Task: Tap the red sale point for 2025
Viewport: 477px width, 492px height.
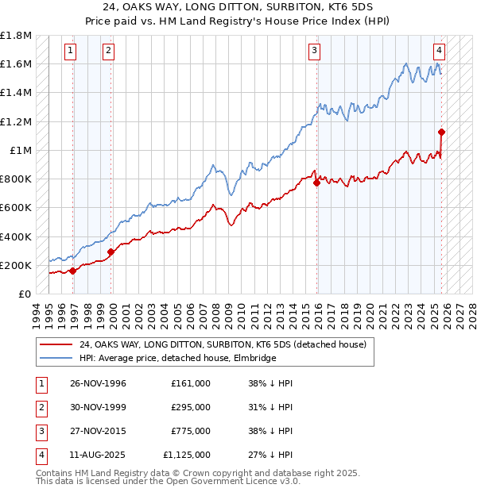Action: pyautogui.click(x=441, y=133)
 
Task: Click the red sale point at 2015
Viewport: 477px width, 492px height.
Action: pyautogui.click(x=317, y=183)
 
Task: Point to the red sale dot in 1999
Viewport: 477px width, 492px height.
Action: pyautogui.click(x=111, y=252)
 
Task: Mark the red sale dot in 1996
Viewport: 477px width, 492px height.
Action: pyautogui.click(x=73, y=271)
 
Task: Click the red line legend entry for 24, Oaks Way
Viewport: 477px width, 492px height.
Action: pyautogui.click(x=223, y=344)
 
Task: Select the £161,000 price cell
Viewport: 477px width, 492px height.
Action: pyautogui.click(x=191, y=383)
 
